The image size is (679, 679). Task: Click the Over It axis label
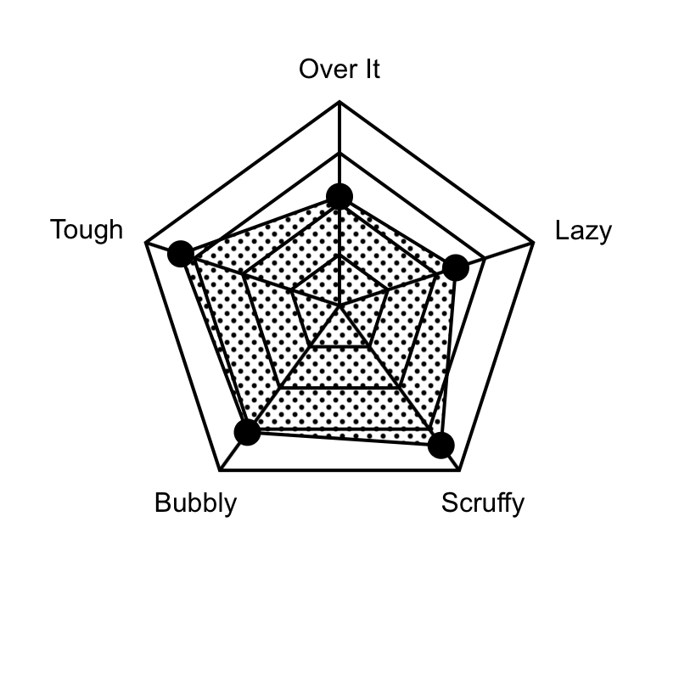tap(339, 70)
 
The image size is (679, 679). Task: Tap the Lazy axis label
tap(583, 231)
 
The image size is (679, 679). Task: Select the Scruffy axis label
tap(483, 503)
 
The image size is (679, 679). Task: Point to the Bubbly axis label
tap(196, 503)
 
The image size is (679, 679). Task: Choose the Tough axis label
tap(87, 229)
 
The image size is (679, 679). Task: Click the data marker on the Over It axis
tap(339, 196)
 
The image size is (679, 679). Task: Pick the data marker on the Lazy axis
tap(456, 267)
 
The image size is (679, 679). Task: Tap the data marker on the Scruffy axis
tap(441, 445)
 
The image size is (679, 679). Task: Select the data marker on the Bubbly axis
tap(247, 432)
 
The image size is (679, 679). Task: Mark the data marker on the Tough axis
tap(181, 254)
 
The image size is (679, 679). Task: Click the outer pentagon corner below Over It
tap(339, 102)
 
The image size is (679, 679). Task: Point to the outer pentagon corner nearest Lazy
tap(533, 243)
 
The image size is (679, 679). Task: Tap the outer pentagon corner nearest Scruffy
tap(459, 470)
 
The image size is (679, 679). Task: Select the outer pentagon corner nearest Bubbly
tap(220, 470)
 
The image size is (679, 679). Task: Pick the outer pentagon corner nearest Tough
tap(146, 243)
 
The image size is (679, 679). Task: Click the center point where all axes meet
tap(339, 306)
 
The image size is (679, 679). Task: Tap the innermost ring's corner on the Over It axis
tap(339, 255)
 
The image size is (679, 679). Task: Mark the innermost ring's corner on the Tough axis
tap(291, 290)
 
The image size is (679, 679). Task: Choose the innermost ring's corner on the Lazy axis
tap(388, 290)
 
